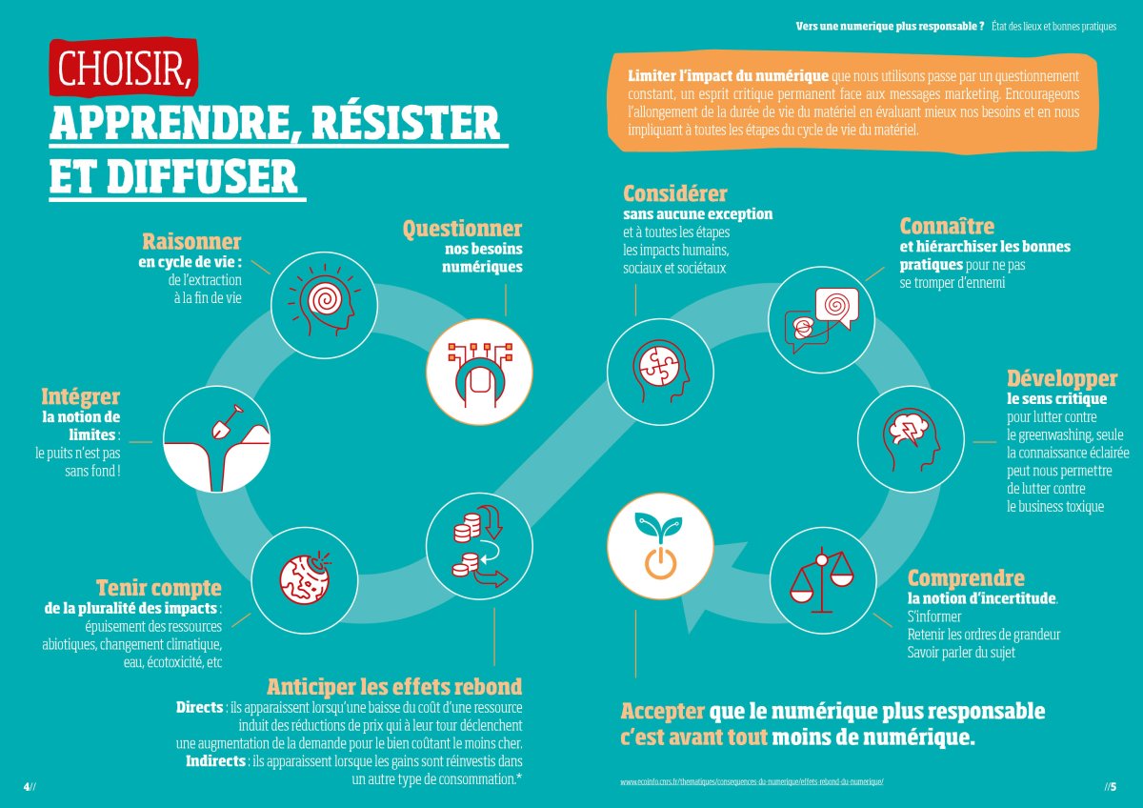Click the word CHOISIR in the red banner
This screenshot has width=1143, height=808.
click(x=123, y=69)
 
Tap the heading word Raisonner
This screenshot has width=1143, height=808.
click(x=191, y=241)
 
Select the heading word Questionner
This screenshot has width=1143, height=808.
click(x=462, y=229)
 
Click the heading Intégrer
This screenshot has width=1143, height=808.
click(x=81, y=396)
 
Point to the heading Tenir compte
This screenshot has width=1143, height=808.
click(x=159, y=588)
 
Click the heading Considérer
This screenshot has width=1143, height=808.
click(x=675, y=193)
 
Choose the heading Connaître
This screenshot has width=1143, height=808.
click(x=947, y=226)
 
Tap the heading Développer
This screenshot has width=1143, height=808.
click(x=1062, y=378)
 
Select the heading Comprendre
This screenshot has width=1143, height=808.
click(x=966, y=578)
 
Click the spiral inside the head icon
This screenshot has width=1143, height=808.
click(x=325, y=300)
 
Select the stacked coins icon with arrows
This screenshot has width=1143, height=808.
click(x=480, y=546)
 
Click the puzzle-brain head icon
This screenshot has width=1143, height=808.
click(x=660, y=371)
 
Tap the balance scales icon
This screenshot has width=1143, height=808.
click(x=821, y=580)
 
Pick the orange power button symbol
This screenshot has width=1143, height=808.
click(x=660, y=562)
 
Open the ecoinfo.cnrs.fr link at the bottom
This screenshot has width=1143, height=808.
click(x=752, y=782)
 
